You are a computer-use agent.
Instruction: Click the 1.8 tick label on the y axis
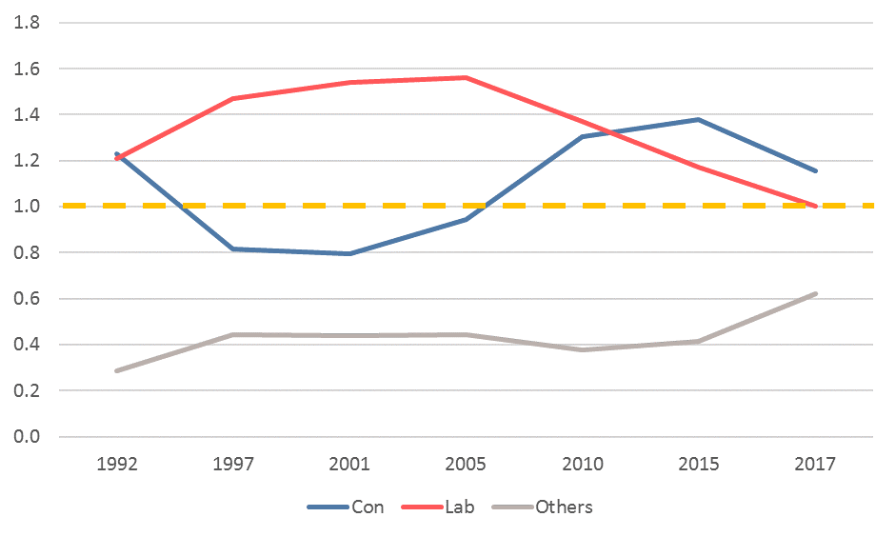point(27,23)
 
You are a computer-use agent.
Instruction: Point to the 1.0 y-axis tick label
point(27,206)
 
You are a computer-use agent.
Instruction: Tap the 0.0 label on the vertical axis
point(27,437)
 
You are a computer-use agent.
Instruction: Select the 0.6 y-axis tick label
point(27,298)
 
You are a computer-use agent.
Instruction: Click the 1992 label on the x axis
point(117,464)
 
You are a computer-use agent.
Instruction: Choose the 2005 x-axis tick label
point(466,464)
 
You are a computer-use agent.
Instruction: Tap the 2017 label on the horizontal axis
point(814,464)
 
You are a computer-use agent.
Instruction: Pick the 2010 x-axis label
point(582,464)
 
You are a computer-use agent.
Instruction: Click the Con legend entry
point(346,507)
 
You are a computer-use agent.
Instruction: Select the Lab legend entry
point(438,507)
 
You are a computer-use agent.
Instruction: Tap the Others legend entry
point(543,507)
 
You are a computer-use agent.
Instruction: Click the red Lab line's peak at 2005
point(466,78)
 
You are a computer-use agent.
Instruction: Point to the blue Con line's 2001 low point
point(349,253)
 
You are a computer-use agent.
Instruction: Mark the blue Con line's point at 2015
point(698,120)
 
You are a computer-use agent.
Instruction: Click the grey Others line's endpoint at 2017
point(814,294)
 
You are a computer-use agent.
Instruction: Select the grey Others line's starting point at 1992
point(117,371)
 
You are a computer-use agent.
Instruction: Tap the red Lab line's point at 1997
point(233,99)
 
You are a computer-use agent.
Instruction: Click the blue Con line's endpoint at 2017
point(814,170)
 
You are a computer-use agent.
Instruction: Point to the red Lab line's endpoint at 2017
point(814,206)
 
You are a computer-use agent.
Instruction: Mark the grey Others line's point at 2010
point(582,349)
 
